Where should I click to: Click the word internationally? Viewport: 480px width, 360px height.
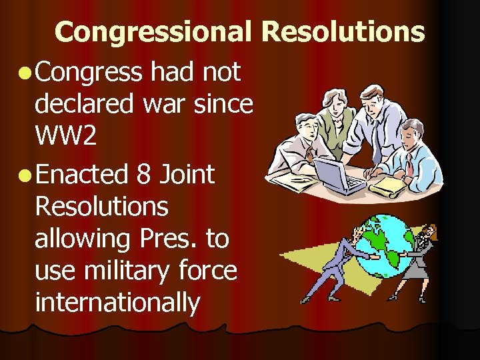[x=117, y=303]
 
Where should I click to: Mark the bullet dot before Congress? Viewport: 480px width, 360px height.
[x=24, y=73]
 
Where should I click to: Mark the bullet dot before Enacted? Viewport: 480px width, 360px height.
[x=24, y=176]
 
